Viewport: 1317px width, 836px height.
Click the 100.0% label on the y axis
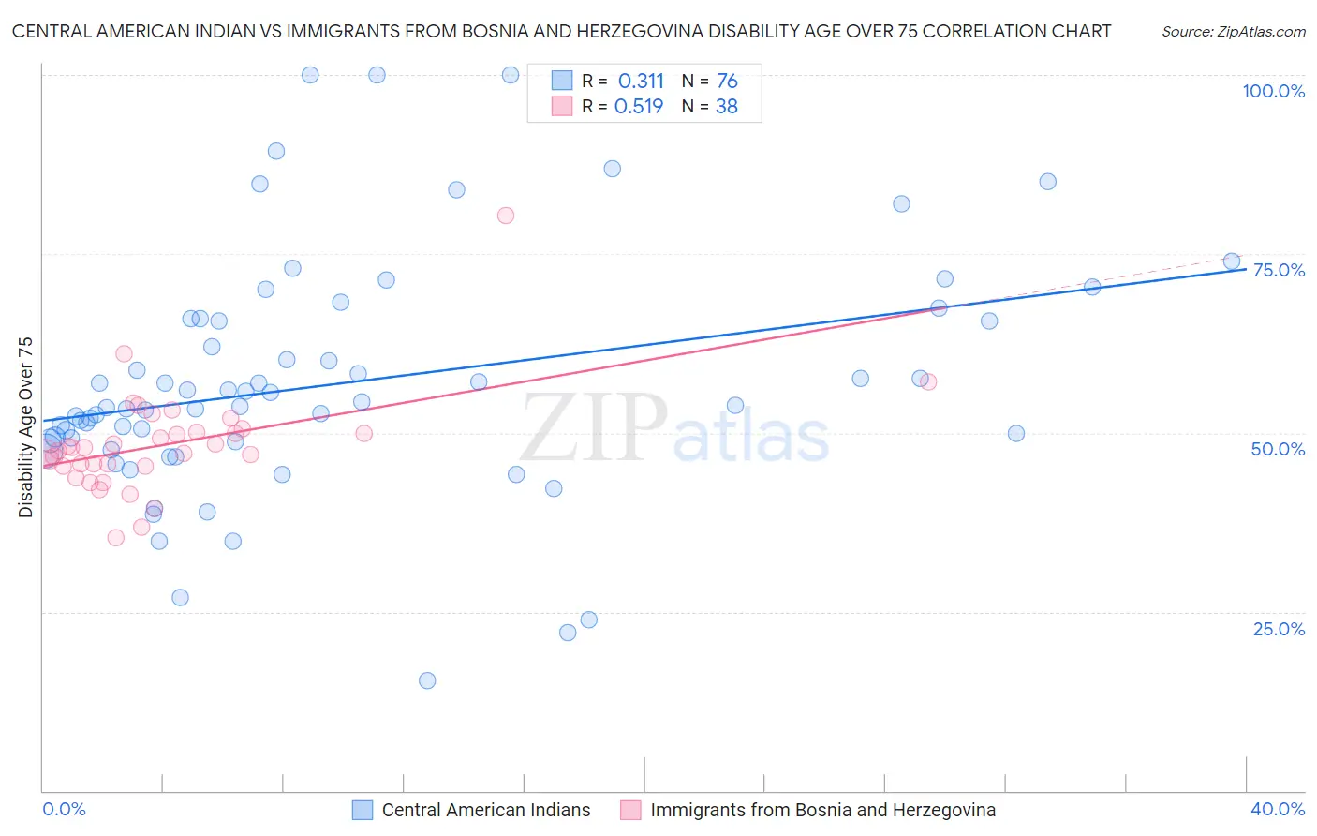point(1273,91)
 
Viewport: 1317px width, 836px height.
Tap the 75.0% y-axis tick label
point(1278,270)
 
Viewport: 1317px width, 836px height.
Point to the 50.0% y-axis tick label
point(1278,449)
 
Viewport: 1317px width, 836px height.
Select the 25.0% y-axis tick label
point(1279,629)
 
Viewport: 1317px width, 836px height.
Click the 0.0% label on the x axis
point(64,809)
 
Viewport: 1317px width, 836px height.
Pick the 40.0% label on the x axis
point(1278,809)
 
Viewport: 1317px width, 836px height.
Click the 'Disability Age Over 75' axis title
point(26,426)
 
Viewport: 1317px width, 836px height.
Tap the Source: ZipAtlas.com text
point(1233,32)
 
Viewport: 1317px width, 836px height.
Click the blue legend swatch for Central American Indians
point(363,810)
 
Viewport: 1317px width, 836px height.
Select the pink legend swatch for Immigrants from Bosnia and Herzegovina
point(630,810)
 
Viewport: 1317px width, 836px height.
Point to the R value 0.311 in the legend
point(641,82)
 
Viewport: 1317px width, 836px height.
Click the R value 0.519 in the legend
point(639,107)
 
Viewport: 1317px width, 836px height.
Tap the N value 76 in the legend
point(727,82)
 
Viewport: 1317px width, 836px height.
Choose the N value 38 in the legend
point(727,107)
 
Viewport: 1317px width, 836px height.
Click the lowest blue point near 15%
point(427,680)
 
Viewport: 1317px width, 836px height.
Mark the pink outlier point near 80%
point(506,216)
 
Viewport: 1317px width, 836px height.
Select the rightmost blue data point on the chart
point(1232,261)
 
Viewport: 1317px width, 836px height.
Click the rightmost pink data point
point(928,381)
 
